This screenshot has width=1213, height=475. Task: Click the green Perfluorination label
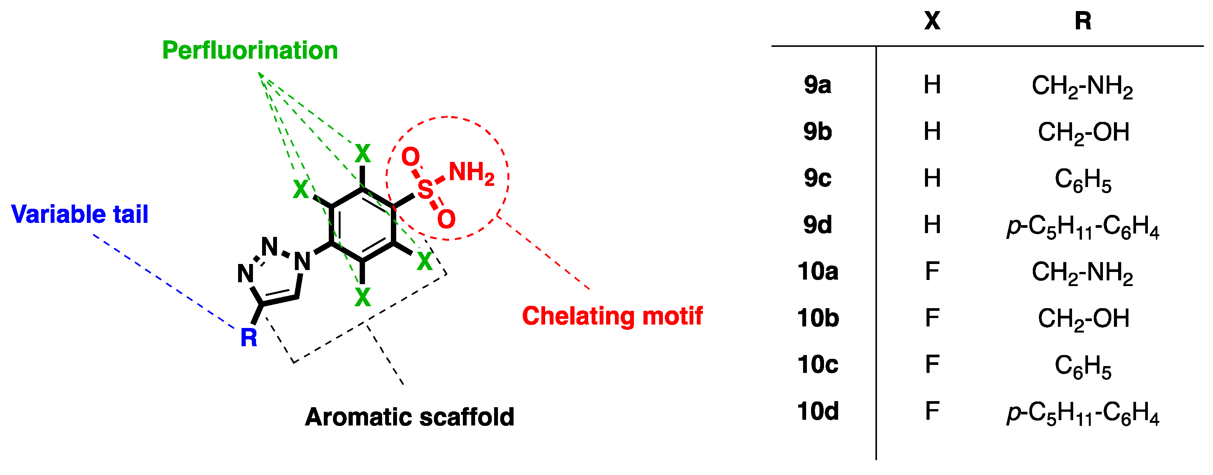click(250, 50)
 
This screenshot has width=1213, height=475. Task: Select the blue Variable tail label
click(80, 214)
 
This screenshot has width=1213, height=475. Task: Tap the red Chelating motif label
click(612, 315)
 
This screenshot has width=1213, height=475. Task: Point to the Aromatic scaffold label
click(409, 417)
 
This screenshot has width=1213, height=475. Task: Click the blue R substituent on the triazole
click(249, 337)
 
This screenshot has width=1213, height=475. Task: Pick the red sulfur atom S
click(425, 189)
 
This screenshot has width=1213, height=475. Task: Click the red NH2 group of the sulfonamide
click(471, 173)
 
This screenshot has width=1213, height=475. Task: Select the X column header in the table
click(932, 21)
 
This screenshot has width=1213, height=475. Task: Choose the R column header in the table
click(1083, 21)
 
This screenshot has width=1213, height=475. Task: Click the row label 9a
click(818, 85)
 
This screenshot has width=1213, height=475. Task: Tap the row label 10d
click(818, 411)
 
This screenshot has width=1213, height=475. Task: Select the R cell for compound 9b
click(1083, 132)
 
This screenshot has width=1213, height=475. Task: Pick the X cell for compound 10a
click(932, 272)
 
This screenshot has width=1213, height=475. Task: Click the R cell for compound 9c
click(1083, 179)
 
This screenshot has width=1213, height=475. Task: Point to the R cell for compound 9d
click(1083, 226)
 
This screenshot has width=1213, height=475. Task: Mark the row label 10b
click(818, 318)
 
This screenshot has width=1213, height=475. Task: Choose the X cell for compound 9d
click(932, 225)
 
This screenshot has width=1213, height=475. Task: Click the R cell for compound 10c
click(1083, 366)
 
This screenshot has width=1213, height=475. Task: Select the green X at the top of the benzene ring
click(363, 154)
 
